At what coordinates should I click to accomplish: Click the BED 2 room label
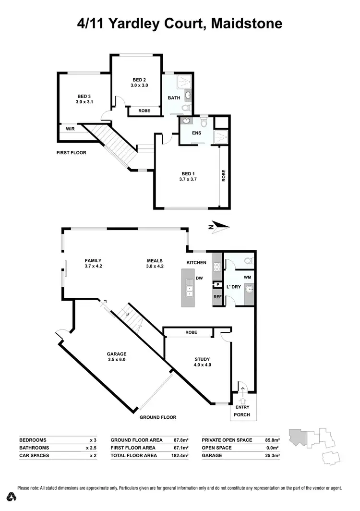pos(139,80)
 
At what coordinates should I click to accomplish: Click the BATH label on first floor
pos(173,98)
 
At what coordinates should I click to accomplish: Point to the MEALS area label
pos(156,261)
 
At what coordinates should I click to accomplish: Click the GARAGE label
pos(117,354)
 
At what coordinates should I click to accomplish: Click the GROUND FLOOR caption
pos(158,417)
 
